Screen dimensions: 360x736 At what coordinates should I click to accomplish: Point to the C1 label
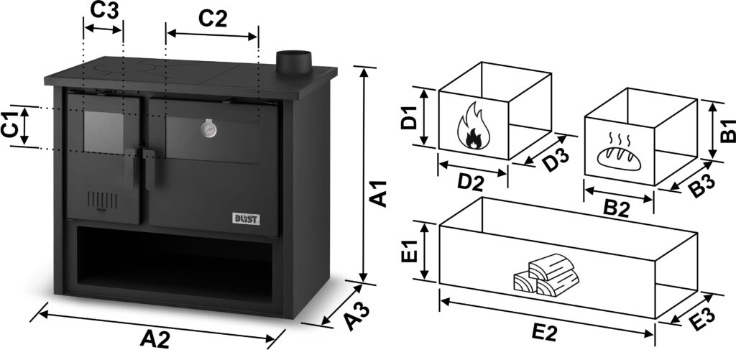pyautogui.click(x=9, y=125)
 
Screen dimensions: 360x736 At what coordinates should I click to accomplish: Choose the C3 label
pyautogui.click(x=105, y=11)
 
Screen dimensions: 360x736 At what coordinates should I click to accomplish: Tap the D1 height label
pyautogui.click(x=409, y=116)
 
